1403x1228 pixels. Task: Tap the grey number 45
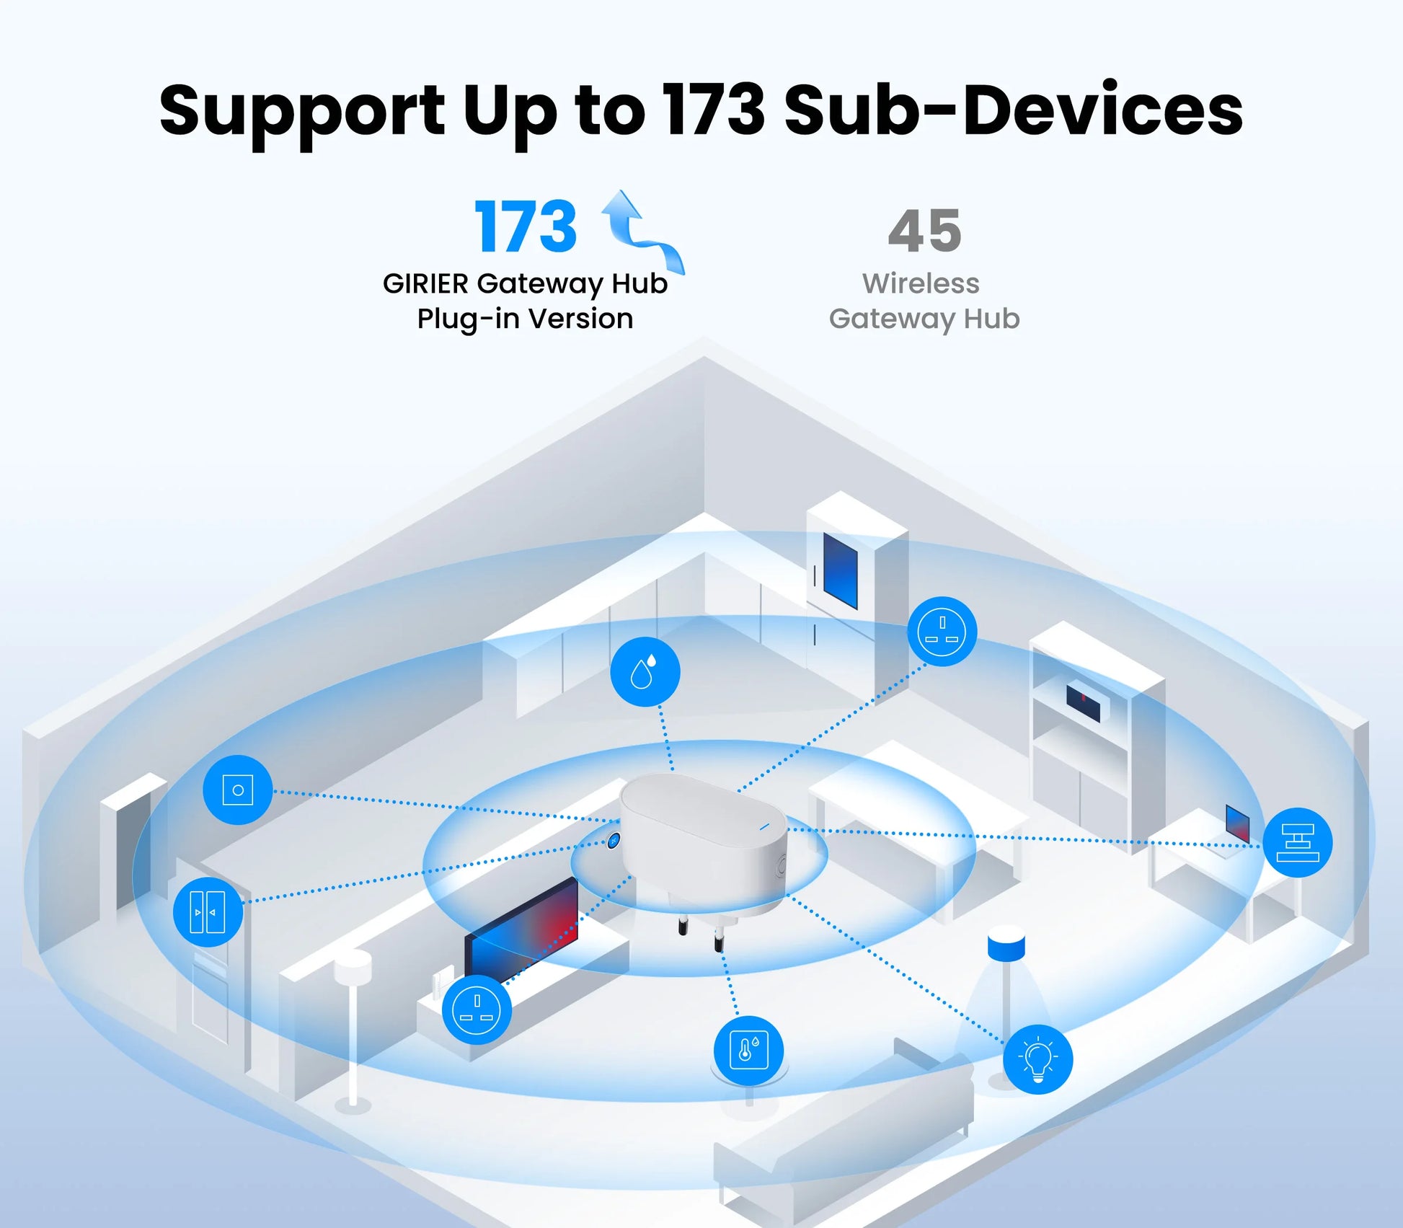click(924, 231)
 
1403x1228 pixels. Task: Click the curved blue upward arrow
click(640, 229)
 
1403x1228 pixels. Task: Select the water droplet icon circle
click(645, 671)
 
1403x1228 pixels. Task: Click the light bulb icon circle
click(1037, 1059)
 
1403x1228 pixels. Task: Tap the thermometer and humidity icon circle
click(748, 1050)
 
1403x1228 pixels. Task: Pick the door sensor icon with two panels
click(208, 911)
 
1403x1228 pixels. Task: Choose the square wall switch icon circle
click(237, 790)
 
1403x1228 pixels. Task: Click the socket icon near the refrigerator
click(942, 631)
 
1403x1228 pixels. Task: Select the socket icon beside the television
click(477, 1009)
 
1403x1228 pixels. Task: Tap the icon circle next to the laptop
click(1297, 842)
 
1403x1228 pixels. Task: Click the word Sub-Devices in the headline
click(1013, 110)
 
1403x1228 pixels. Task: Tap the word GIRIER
click(425, 283)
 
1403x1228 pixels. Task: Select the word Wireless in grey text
click(921, 283)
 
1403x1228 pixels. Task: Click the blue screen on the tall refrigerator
click(840, 570)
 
